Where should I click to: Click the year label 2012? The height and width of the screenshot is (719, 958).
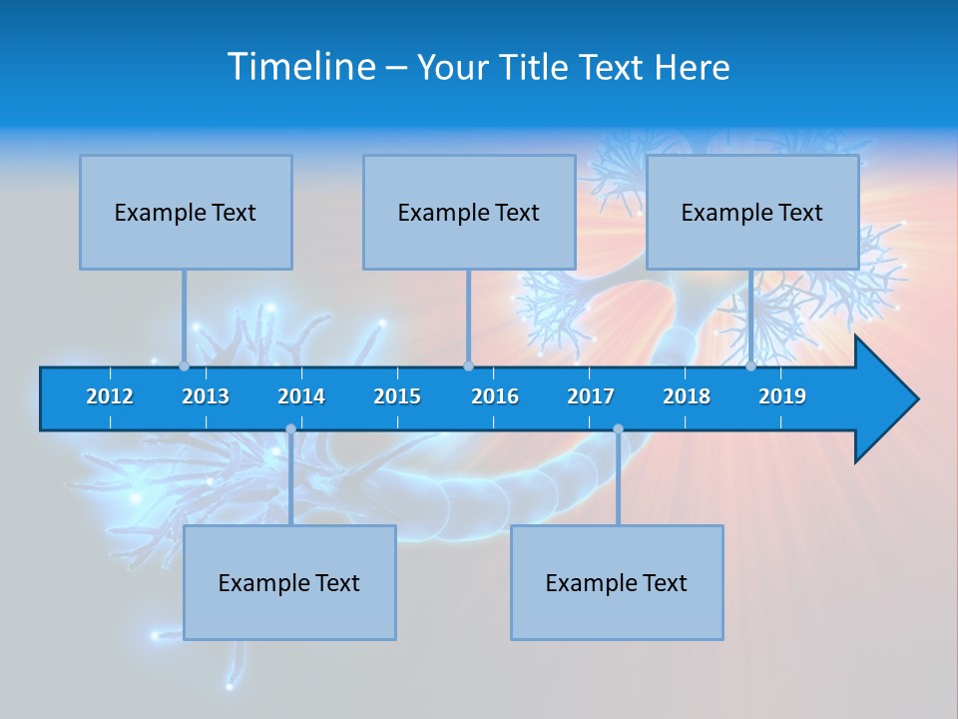[110, 396]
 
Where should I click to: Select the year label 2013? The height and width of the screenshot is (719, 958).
[206, 396]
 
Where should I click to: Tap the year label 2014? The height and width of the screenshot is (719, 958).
[301, 396]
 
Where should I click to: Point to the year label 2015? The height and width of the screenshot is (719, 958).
[397, 396]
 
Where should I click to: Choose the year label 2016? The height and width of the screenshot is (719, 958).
[495, 396]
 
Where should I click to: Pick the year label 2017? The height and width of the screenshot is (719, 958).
[591, 396]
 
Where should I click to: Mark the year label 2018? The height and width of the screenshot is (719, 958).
[687, 396]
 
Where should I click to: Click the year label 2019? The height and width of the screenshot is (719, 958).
[782, 396]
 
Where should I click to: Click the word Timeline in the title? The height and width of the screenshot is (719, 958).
[300, 67]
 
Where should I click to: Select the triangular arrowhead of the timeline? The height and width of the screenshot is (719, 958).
[884, 399]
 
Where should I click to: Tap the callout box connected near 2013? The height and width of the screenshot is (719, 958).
[186, 212]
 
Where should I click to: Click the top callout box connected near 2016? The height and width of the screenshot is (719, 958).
[469, 212]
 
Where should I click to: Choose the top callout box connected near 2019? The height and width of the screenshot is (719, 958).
[752, 212]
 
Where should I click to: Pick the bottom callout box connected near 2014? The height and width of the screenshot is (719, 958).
[289, 582]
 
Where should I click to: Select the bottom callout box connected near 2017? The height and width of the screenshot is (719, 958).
[617, 582]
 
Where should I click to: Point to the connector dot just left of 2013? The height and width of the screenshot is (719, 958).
[184, 366]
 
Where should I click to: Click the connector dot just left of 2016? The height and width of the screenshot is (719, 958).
[468, 366]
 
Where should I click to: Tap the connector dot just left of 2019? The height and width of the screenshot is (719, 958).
[750, 366]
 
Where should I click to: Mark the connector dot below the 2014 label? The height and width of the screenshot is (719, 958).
[290, 429]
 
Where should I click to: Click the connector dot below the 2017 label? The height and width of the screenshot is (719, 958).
[618, 429]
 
